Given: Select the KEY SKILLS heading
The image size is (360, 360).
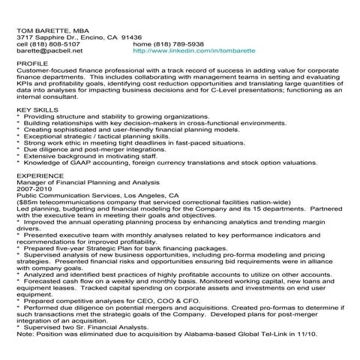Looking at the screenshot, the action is click(x=37, y=109).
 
